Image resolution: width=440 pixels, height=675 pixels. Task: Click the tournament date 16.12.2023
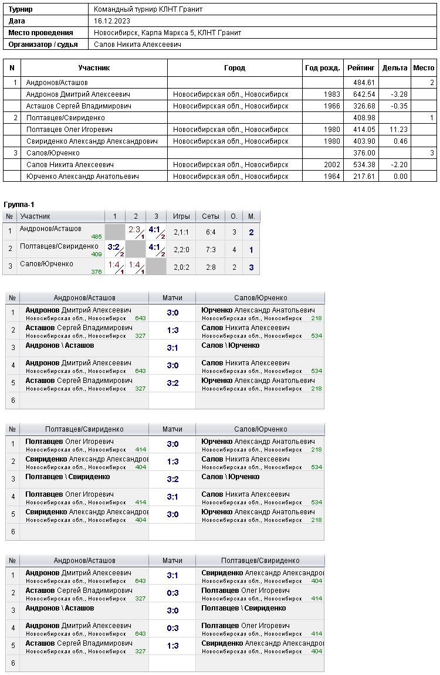point(111,21)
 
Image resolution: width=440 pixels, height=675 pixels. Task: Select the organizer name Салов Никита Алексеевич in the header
point(137,45)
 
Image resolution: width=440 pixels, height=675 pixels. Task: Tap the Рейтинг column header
point(361,68)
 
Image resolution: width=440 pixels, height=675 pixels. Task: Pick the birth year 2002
point(331,165)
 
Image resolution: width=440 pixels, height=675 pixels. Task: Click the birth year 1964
point(331,177)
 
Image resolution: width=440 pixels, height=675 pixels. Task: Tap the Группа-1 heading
point(19,204)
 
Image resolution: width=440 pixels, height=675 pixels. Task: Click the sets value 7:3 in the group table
point(211,250)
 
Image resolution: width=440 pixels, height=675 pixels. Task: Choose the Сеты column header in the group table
point(211,216)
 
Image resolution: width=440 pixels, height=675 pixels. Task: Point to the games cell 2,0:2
point(181,267)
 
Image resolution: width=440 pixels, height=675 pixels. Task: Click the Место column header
point(424,68)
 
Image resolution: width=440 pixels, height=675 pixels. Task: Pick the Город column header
point(235,68)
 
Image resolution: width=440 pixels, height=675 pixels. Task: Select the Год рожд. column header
point(323,68)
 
